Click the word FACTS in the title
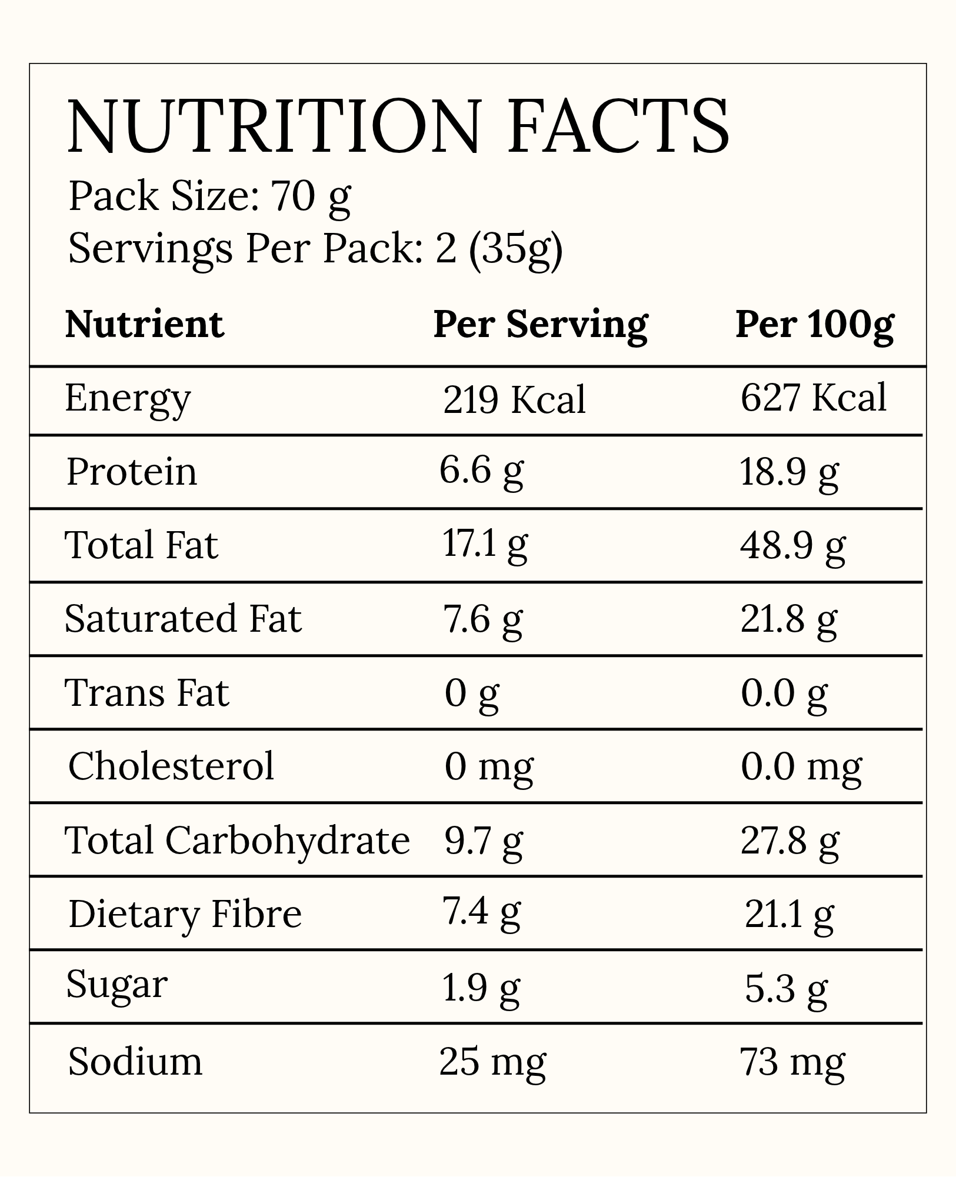coord(618,128)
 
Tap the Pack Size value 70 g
coord(310,198)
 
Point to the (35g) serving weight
coord(515,250)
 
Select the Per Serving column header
coord(540,325)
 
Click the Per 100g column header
coord(815,325)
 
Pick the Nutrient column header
coord(145,324)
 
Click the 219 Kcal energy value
coord(514,399)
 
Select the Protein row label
coord(132,471)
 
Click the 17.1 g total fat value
coord(485,545)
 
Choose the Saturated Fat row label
coord(183,618)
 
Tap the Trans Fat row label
coord(146,692)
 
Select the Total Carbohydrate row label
coord(237,840)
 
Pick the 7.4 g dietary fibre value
coord(481,912)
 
